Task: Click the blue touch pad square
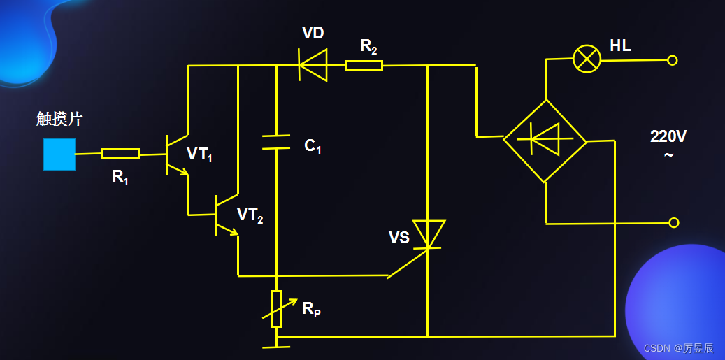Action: coord(59,154)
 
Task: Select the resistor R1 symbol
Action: coord(120,154)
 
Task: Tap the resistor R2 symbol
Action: coord(364,66)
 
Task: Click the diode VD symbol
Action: coord(313,65)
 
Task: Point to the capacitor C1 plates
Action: coord(276,143)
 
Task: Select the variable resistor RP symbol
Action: coord(277,309)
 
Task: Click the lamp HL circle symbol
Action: coord(587,59)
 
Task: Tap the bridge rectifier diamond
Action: coord(545,141)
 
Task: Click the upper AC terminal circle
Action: coord(673,60)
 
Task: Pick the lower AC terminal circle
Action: coord(673,223)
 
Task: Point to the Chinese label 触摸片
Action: coord(59,119)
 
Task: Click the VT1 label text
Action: coord(200,154)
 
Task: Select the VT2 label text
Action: coord(250,215)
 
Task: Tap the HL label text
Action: coord(620,46)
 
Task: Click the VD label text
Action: coord(313,33)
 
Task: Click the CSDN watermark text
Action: coord(678,347)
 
